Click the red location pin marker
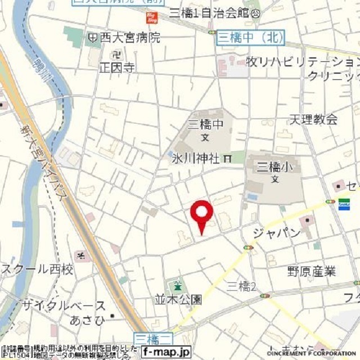tap(201, 216)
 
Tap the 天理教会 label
tap(313, 119)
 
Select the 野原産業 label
tap(311, 271)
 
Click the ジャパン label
tap(277, 233)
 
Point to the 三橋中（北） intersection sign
tap(250, 37)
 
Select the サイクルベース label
tap(64, 306)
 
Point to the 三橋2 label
tap(241, 286)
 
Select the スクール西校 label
tap(37, 270)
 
